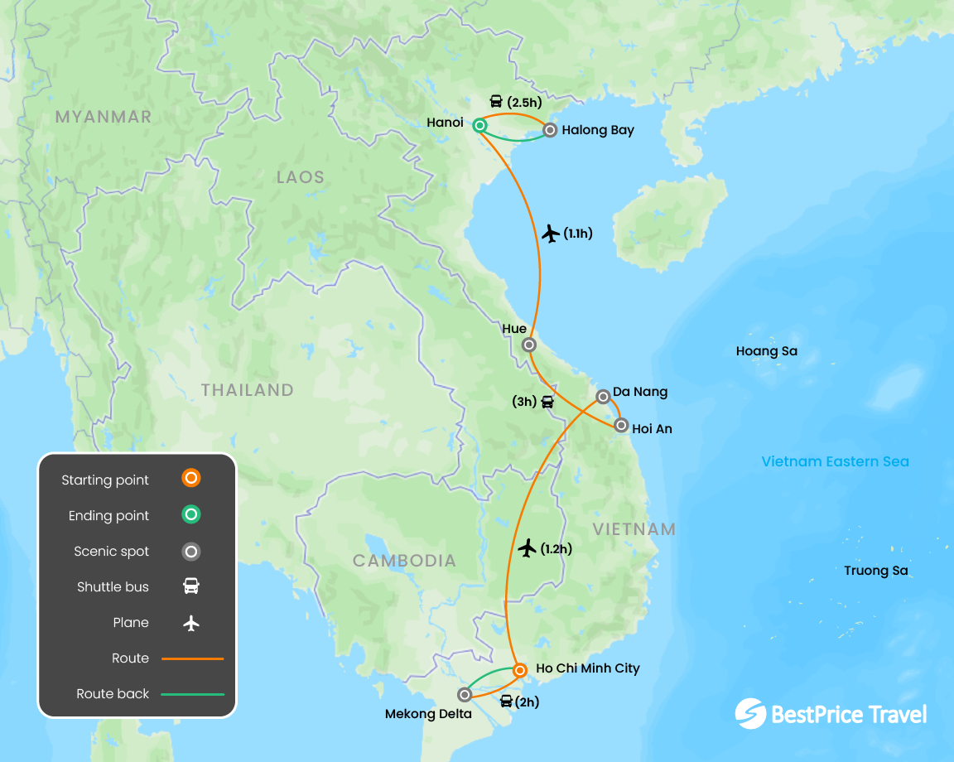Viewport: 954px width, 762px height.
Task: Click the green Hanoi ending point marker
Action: tap(479, 125)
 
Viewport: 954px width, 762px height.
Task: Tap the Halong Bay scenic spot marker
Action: tap(549, 130)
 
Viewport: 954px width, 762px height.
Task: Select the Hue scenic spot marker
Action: tap(528, 345)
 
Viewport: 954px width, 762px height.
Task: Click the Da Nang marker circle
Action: tap(604, 397)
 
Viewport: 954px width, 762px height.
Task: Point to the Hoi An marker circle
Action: tap(621, 426)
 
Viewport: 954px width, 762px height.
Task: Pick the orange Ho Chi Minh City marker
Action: tap(519, 669)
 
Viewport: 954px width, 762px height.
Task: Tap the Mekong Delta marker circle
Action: tap(465, 694)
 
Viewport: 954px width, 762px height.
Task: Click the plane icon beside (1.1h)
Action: tap(551, 234)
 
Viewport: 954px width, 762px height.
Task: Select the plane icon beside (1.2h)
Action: tap(528, 547)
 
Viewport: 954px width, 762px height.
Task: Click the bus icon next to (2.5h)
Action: tap(496, 102)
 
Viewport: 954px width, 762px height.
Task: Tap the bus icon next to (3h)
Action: tap(547, 403)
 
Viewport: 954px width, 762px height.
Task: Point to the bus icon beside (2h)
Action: tap(506, 702)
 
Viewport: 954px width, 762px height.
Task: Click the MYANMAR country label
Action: tap(104, 117)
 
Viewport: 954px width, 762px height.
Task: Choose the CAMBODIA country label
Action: tap(404, 561)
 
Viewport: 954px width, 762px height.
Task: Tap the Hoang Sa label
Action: tap(767, 351)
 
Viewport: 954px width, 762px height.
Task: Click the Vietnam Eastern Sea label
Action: tap(835, 461)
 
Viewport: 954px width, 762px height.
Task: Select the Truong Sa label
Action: tap(876, 571)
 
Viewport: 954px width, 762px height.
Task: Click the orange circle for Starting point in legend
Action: tap(191, 478)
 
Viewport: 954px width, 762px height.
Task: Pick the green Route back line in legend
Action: tap(192, 693)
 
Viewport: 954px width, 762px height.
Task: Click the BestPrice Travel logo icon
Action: tap(750, 714)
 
